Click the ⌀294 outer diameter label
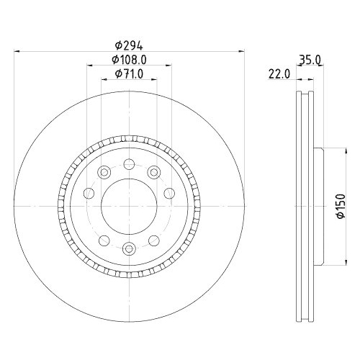tap(129, 45)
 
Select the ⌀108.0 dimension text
tap(129, 60)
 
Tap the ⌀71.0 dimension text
tap(129, 74)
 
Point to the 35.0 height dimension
tap(310, 60)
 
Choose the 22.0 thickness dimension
tap(279, 74)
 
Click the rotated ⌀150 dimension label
tap(341, 206)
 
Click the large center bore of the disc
tap(129, 206)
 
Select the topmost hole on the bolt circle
tap(129, 163)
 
